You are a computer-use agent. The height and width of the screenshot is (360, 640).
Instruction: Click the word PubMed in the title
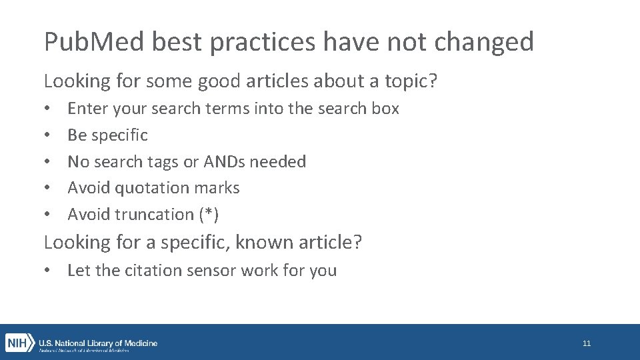pos(93,42)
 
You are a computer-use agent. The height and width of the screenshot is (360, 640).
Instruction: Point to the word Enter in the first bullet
pos(89,109)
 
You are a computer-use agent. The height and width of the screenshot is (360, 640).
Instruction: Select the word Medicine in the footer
pos(139,343)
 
